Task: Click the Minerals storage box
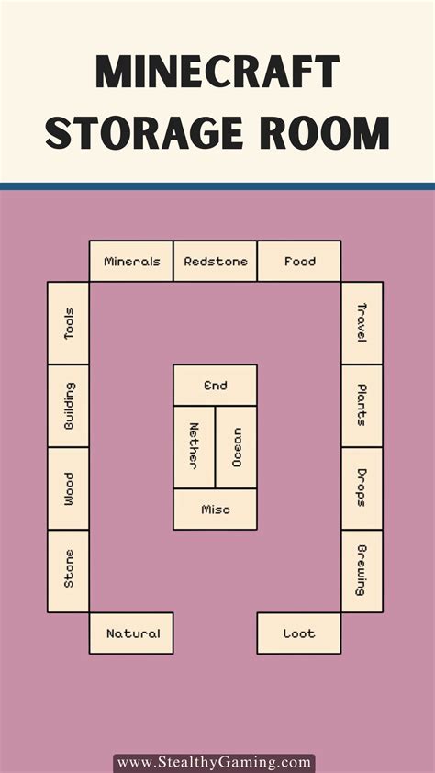pos(131,262)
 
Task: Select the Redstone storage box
pos(216,262)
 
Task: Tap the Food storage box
pos(299,262)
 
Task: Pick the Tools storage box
pos(69,323)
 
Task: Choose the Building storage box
pos(69,406)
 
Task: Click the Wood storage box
pos(69,489)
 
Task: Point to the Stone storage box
pos(69,571)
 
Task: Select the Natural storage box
pos(131,633)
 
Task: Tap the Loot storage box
pos(299,633)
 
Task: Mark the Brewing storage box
pos(362,571)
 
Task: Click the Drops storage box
pos(362,489)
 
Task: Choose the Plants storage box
pos(362,406)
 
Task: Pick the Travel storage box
pos(362,323)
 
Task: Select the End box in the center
pos(216,386)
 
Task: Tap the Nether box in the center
pos(195,448)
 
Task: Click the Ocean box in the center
pos(236,448)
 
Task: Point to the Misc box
pos(216,510)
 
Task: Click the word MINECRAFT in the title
pos(217,72)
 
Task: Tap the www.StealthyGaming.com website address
pos(215,764)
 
